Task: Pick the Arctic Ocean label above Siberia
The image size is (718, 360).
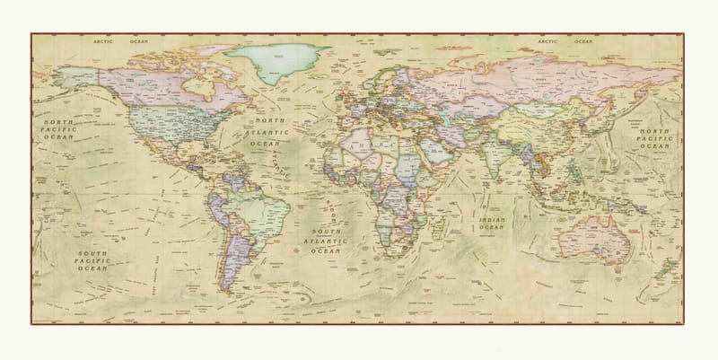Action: [565, 41]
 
